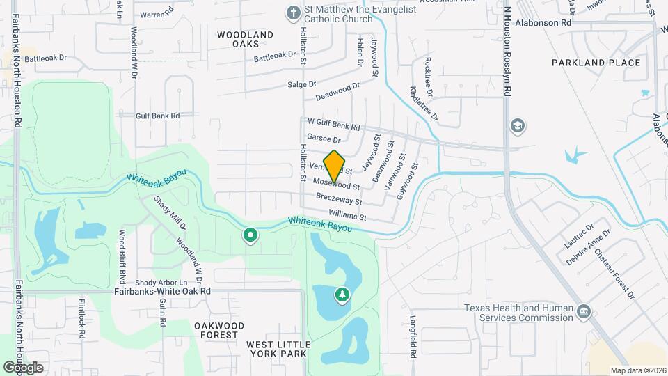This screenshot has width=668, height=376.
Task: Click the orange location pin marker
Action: coord(335,166)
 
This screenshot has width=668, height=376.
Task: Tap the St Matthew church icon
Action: coord(294,13)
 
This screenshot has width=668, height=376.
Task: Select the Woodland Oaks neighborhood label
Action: coord(245,38)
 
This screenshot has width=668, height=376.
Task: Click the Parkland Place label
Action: coord(596,63)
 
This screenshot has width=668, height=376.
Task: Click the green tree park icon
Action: coord(342,296)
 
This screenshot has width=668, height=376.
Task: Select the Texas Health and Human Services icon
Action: coord(584,310)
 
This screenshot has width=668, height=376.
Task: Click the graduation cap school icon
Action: coord(518,126)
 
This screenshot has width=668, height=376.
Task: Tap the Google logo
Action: coord(23,367)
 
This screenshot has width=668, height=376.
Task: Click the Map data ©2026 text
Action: coord(637,370)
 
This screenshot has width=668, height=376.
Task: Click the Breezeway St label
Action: coord(339,199)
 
